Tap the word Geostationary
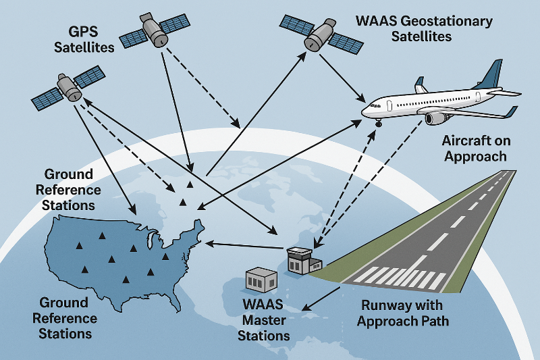point(449,21)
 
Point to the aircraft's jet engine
point(437,118)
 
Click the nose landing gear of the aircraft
point(378,124)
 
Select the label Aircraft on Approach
point(474,149)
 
